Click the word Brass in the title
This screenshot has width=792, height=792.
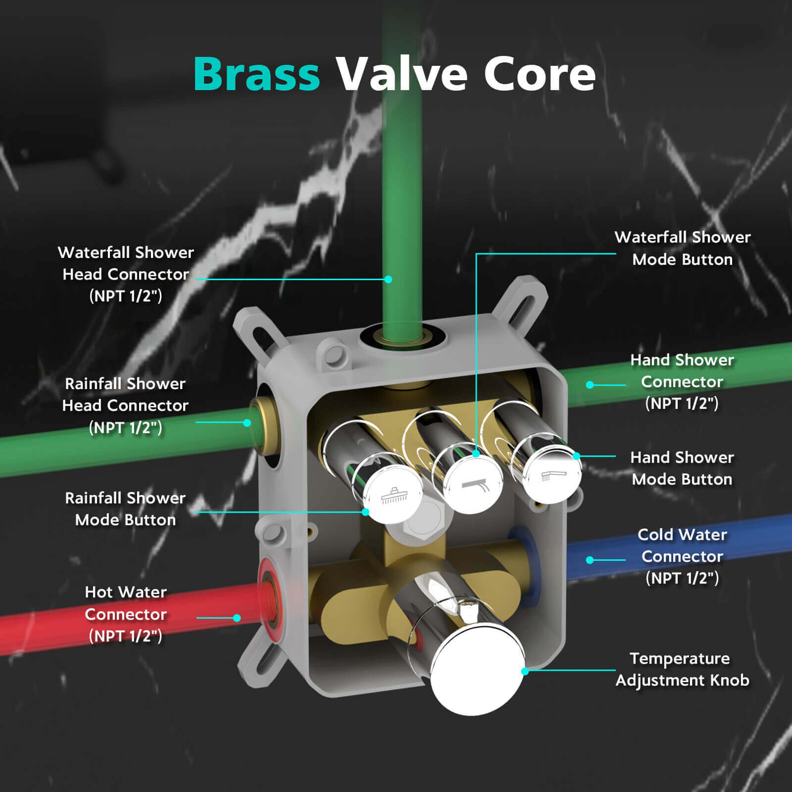point(256,74)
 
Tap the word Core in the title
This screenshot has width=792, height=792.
point(539,74)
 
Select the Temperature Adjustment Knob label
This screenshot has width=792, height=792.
point(682,669)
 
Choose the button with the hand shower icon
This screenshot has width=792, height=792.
point(552,475)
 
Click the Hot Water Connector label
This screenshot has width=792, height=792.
point(126,614)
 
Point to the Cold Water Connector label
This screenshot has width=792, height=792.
point(682,556)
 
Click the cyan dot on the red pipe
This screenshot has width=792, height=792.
point(237,618)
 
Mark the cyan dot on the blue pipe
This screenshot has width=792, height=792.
point(590,560)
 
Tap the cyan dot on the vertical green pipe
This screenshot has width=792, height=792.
point(389,279)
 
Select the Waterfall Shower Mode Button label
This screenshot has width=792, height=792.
point(682,248)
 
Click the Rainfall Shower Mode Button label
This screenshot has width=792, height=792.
point(125,509)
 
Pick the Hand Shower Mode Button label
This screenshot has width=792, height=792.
point(682,468)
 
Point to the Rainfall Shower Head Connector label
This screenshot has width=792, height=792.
point(125,405)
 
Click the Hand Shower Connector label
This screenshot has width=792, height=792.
point(682,382)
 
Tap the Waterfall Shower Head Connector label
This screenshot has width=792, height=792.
point(126,274)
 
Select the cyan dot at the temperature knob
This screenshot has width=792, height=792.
point(525,671)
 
